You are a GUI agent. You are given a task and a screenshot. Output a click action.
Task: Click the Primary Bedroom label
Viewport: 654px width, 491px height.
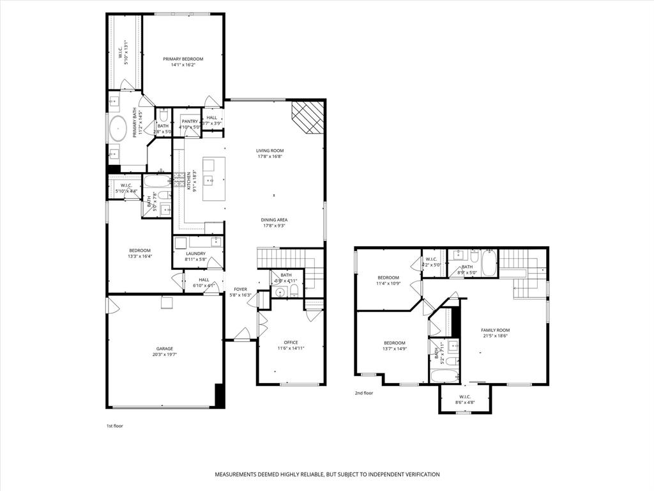(183, 59)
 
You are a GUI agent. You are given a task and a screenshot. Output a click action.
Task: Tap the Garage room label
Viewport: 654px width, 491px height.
(165, 348)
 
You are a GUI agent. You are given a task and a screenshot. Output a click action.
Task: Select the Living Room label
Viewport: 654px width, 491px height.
(270, 150)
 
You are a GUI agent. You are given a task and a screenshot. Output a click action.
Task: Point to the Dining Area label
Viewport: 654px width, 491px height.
(273, 219)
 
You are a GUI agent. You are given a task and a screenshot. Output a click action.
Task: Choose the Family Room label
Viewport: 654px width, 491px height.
(495, 330)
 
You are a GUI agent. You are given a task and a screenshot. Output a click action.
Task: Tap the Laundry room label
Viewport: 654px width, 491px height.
(195, 253)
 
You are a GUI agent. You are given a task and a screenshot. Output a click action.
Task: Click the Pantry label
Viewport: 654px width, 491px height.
(190, 121)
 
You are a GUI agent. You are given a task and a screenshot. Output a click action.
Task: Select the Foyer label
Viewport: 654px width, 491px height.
(240, 289)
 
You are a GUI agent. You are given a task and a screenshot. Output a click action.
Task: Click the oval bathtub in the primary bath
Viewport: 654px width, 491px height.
(119, 130)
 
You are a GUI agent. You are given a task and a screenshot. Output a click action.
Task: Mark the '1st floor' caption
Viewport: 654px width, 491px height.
(114, 426)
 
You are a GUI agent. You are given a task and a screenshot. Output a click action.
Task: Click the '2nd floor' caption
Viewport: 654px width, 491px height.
(363, 393)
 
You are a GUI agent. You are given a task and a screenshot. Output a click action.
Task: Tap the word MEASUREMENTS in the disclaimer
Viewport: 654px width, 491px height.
(238, 474)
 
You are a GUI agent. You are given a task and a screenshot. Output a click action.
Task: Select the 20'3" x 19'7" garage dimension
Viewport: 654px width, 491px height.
(165, 354)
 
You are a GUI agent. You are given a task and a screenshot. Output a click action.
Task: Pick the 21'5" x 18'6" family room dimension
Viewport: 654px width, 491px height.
(495, 336)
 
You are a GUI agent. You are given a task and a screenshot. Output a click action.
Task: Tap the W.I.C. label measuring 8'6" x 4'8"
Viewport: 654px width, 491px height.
(465, 396)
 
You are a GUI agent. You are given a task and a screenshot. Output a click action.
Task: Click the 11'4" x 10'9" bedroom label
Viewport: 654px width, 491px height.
(388, 277)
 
